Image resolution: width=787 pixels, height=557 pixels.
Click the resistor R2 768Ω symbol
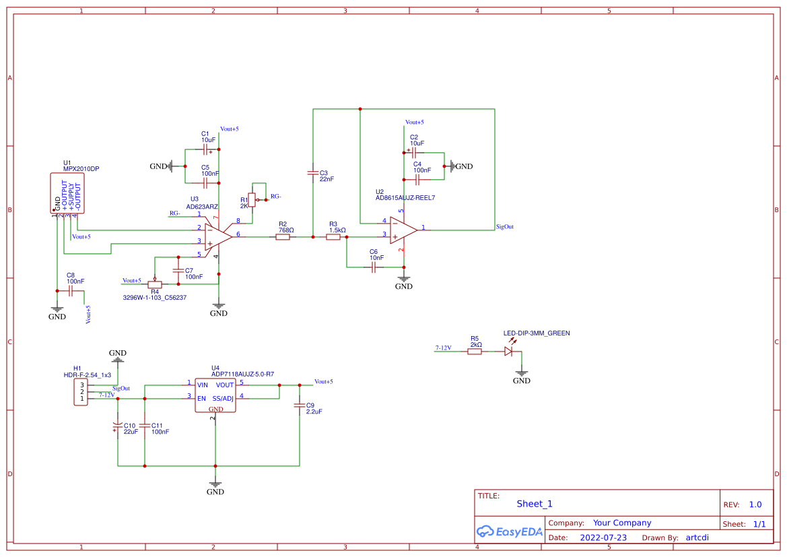(x=283, y=237)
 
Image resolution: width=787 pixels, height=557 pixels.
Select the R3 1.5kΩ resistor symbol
(x=334, y=237)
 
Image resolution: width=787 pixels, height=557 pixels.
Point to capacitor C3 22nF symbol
(x=313, y=173)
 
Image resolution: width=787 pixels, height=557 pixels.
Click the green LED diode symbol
(x=509, y=351)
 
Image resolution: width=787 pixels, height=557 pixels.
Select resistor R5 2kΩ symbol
(x=475, y=351)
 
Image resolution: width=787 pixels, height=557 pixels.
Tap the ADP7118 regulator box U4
(x=215, y=395)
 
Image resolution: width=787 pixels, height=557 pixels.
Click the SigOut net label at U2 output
(x=504, y=227)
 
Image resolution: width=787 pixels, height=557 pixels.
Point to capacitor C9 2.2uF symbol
(x=300, y=406)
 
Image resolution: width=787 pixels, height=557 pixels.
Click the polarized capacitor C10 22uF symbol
(x=118, y=426)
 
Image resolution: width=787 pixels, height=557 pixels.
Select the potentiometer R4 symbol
(x=155, y=284)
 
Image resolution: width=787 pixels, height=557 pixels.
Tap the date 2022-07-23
(x=603, y=537)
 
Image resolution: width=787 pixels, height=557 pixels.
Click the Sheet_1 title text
(x=535, y=504)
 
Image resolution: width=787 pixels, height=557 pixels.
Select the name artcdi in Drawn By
(x=697, y=537)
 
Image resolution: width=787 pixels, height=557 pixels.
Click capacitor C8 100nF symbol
(x=70, y=291)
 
